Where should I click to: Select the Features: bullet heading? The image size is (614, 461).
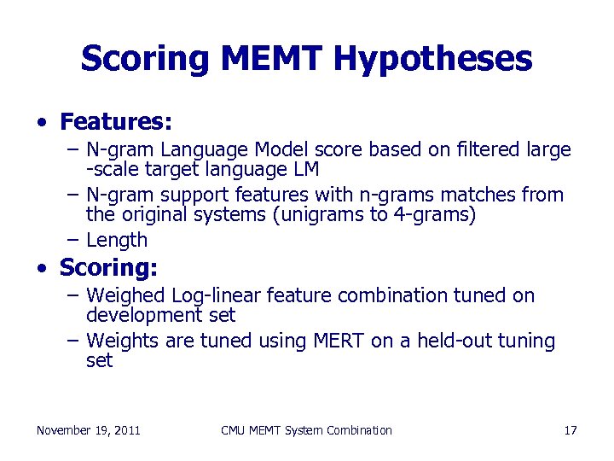click(x=116, y=122)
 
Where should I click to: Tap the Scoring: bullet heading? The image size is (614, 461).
click(x=108, y=267)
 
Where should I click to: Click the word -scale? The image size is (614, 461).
click(x=110, y=169)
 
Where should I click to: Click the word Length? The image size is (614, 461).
click(x=117, y=241)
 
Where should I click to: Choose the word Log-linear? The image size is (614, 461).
click(x=217, y=295)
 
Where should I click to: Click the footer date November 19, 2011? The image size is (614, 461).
click(x=89, y=430)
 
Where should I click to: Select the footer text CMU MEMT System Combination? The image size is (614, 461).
click(x=306, y=430)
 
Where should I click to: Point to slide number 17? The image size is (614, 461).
click(x=571, y=430)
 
